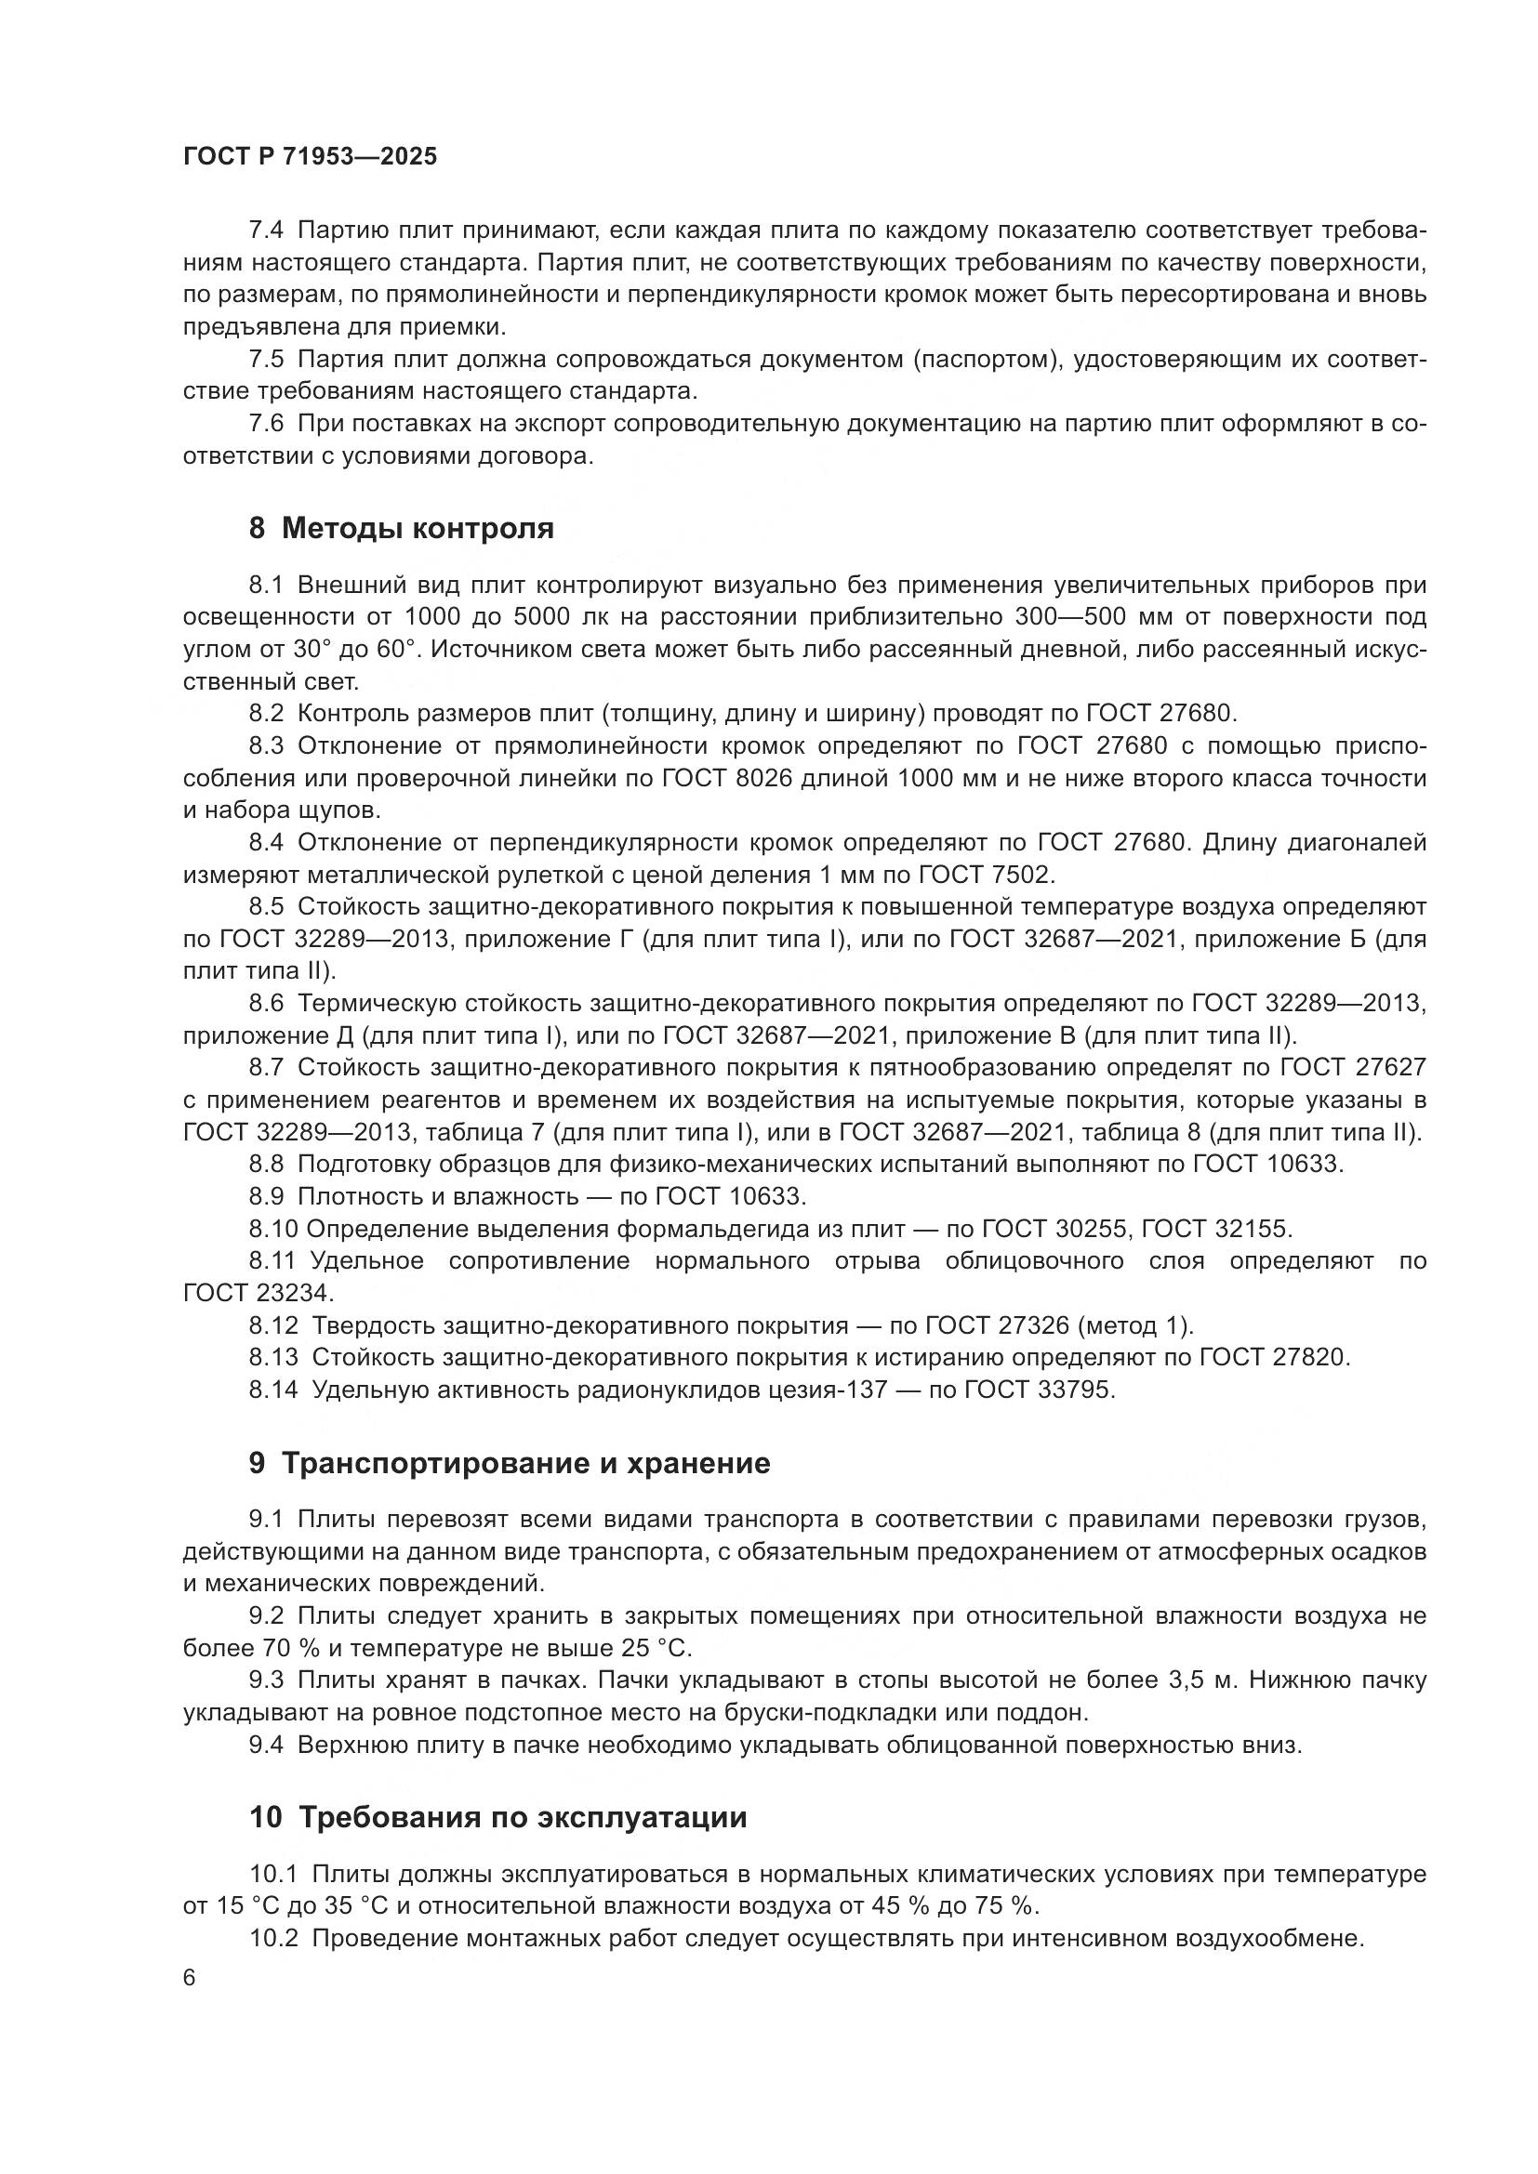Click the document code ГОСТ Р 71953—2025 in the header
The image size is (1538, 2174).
pos(310,157)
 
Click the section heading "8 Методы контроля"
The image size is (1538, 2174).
pos(402,527)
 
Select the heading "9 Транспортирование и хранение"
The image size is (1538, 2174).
pos(510,1463)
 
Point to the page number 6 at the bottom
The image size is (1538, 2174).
pos(190,1978)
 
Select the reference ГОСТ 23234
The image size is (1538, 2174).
pos(258,1293)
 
